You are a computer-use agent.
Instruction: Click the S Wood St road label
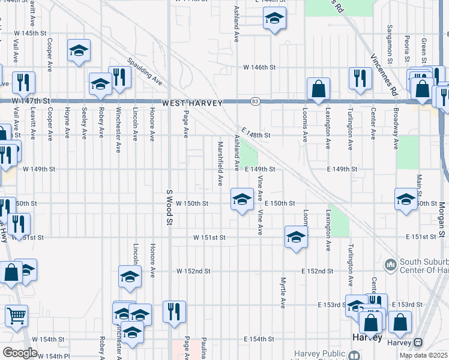(169, 208)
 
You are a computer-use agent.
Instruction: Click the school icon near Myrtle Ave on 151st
(295, 237)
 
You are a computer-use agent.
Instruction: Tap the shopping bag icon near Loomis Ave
(318, 89)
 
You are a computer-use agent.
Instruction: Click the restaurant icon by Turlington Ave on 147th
(360, 78)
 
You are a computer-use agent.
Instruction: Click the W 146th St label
(259, 68)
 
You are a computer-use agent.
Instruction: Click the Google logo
(20, 353)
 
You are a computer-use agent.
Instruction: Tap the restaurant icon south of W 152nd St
(174, 312)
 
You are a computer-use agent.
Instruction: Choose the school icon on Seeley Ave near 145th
(79, 52)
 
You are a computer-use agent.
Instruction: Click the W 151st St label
(209, 238)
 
